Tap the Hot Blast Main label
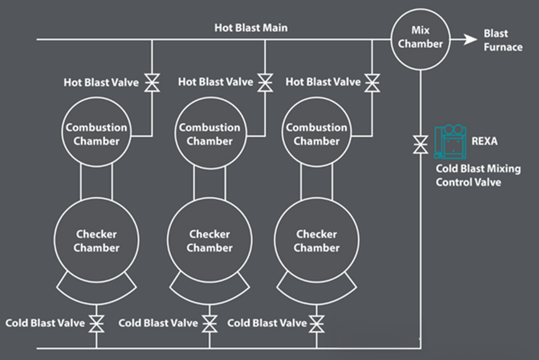[x=251, y=28]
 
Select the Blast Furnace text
[x=503, y=40]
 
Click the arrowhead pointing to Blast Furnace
[x=469, y=39]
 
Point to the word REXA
[x=485, y=142]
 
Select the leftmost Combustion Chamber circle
[x=96, y=134]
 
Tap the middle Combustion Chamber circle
[x=209, y=134]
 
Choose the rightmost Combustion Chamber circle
[x=316, y=134]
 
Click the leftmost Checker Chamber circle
[x=96, y=241]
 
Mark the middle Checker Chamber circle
[x=209, y=241]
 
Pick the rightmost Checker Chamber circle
[x=316, y=241]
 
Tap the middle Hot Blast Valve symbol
[x=265, y=82]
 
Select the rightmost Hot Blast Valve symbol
[x=373, y=82]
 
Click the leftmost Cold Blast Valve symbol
[x=96, y=323]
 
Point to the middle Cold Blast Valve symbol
[x=210, y=323]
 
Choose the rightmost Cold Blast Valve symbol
[x=317, y=323]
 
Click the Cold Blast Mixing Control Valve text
[x=477, y=176]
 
